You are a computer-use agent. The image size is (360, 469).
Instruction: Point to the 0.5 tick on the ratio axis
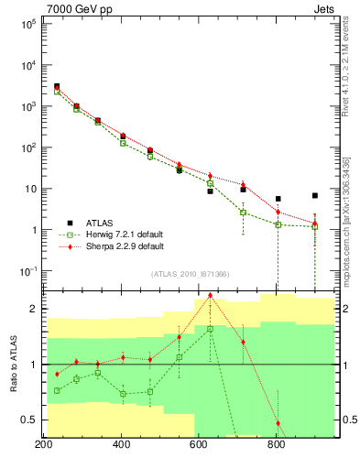point(28,420)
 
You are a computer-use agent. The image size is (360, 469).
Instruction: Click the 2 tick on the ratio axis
point(32,309)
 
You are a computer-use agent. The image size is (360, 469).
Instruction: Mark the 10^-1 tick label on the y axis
point(27,271)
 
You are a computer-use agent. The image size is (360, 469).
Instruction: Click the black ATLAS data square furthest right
point(315,195)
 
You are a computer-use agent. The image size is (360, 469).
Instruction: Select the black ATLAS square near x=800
point(278,199)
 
